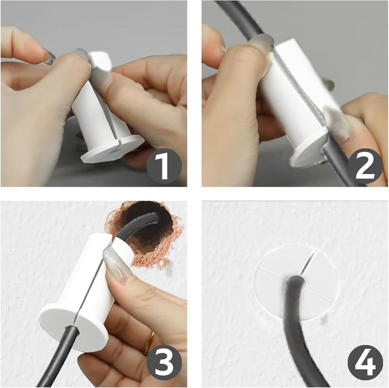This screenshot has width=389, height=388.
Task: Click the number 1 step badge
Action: click(x=164, y=166)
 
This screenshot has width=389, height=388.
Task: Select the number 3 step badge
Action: click(x=164, y=362)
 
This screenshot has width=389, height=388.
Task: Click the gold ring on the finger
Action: click(x=150, y=343)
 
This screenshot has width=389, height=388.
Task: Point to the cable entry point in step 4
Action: click(x=296, y=281)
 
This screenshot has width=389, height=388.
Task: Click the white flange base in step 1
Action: click(x=113, y=149)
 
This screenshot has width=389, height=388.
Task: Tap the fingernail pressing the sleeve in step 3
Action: click(x=117, y=263)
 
